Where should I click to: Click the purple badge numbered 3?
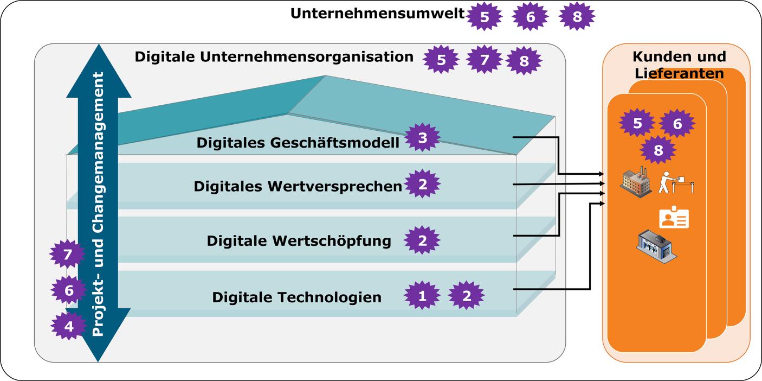tap(423, 138)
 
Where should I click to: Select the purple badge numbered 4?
tap(69, 326)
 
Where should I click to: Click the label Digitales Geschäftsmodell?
tap(298, 143)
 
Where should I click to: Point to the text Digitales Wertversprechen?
tap(298, 186)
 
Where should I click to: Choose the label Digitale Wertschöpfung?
tap(299, 240)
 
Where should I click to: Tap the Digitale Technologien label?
tap(296, 297)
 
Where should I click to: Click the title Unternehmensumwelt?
tap(377, 14)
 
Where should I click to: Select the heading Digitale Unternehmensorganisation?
tap(274, 57)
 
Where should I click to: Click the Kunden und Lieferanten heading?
tap(679, 65)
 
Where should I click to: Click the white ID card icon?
tap(674, 218)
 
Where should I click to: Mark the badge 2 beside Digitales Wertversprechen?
tap(423, 185)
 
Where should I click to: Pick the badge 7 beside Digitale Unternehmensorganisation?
tap(484, 59)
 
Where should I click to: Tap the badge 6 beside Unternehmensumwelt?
tap(531, 17)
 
